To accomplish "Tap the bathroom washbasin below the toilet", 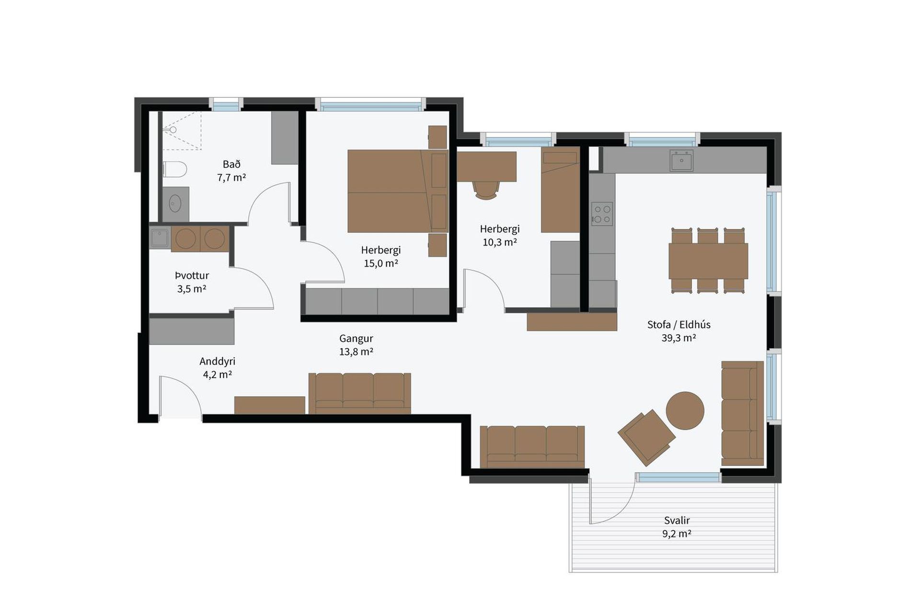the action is pos(175,204).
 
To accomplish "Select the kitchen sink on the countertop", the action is pos(681,160).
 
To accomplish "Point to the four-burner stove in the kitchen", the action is pos(602,214).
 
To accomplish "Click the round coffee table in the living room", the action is pos(685,410).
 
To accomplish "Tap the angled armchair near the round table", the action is pos(647,437).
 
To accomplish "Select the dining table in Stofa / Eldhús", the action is pos(708,261).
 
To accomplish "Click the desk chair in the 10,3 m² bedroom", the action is pos(486,190).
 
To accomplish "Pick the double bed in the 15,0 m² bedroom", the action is pos(398,191).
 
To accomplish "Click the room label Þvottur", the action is pos(192,275).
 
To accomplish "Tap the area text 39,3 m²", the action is pos(679,338).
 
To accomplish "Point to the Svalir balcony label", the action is pos(677,520).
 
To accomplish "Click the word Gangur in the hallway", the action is pos(356,339).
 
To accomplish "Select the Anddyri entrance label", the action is pos(218,361).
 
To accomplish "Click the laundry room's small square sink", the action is pos(160,238).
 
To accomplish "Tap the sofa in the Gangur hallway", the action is pos(360,393).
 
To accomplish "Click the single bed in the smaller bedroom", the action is pos(560,190).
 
